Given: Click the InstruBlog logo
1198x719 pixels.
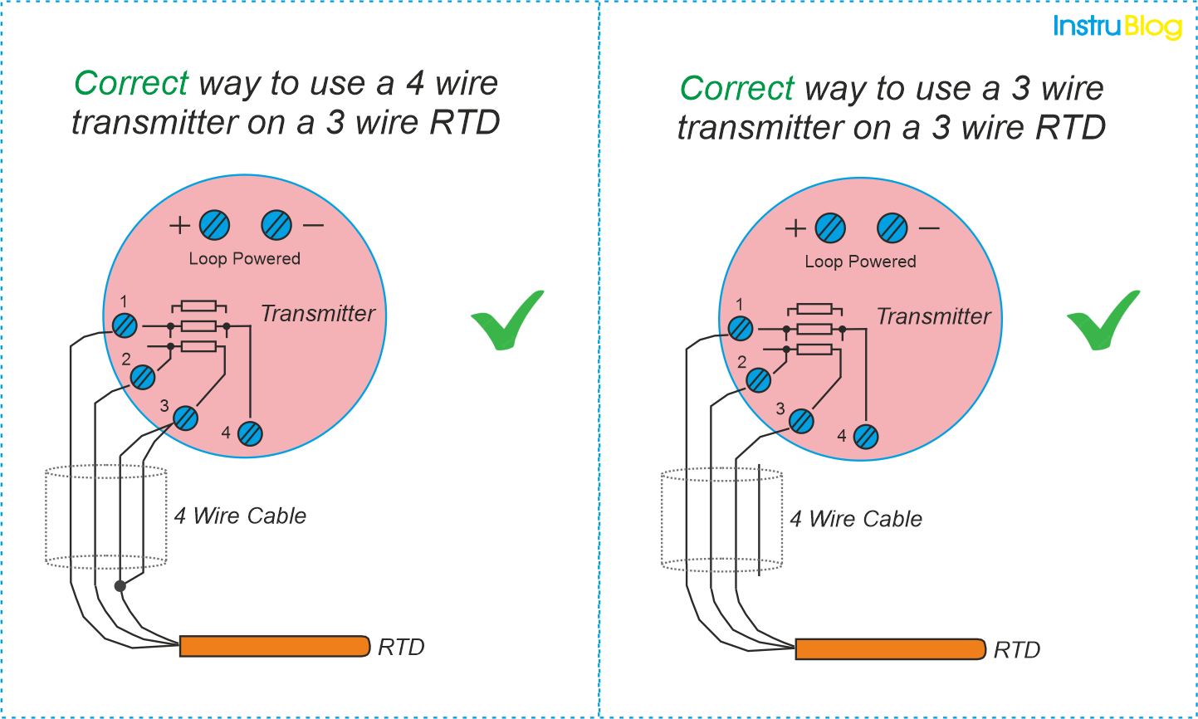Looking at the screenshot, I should pos(1117,27).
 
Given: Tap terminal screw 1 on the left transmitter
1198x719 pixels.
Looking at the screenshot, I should pos(125,325).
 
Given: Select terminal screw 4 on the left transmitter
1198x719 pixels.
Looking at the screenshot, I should pos(250,433).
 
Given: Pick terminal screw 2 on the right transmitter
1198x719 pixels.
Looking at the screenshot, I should pos(758,380).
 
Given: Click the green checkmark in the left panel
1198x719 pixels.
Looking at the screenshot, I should pos(507,321).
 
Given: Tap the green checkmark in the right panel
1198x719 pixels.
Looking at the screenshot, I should pos(1103,321).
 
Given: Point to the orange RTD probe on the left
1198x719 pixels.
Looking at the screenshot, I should pos(274,646).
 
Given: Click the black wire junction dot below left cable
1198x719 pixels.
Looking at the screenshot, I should pos(120,586).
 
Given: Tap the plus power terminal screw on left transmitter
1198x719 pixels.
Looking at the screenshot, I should pos(214,225).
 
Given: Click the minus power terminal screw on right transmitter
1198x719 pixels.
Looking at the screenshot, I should pos(892,228).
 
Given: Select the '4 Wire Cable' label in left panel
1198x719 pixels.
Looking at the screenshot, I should pos(240,516).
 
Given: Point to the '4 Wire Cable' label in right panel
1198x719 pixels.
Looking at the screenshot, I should pos(856,519).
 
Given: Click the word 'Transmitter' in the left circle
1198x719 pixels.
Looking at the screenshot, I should pos(318,314).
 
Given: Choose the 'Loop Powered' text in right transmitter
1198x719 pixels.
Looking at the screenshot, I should pos(860,262).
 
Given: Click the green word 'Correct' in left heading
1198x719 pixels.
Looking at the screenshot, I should pos(131,83).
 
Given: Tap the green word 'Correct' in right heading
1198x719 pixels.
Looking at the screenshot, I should pos(737,88).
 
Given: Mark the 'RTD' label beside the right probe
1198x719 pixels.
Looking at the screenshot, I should pos(1017,650).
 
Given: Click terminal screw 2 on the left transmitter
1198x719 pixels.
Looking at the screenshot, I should pos(143,377).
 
